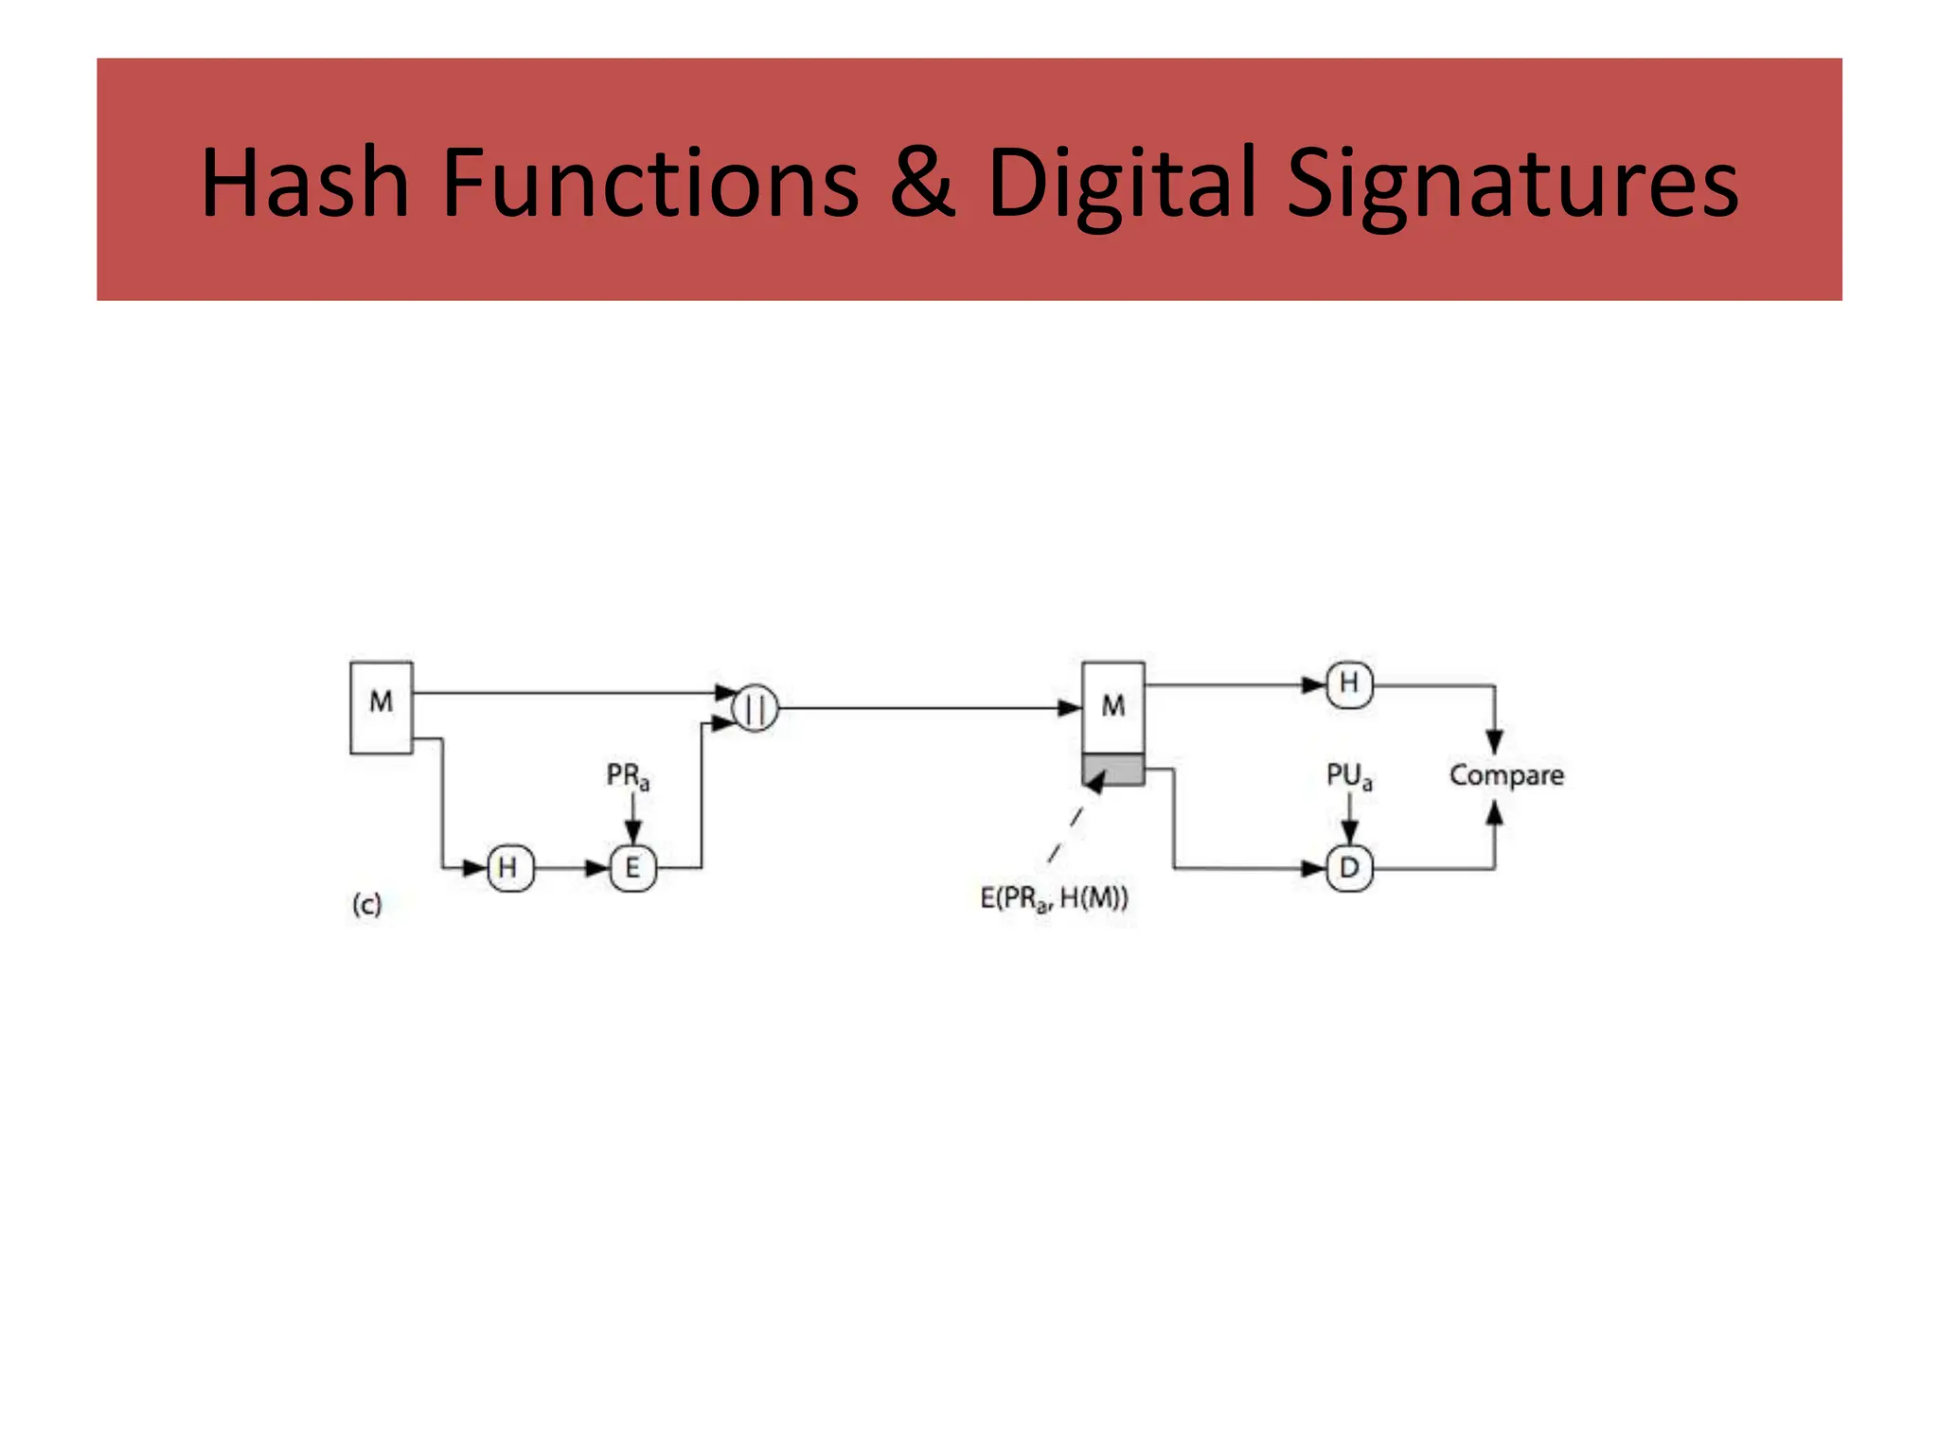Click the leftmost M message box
click(x=382, y=707)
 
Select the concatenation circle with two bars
click(x=756, y=708)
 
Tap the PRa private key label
click(x=628, y=776)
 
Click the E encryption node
click(x=632, y=867)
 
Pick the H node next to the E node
click(x=509, y=867)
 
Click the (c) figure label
click(x=366, y=904)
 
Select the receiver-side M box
click(x=1113, y=707)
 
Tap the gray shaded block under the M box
click(x=1113, y=770)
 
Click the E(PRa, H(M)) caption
click(x=1054, y=897)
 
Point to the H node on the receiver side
click(x=1349, y=683)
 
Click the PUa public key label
click(x=1348, y=776)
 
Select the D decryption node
click(x=1349, y=867)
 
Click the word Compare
click(x=1506, y=775)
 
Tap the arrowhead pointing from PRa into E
click(x=633, y=833)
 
